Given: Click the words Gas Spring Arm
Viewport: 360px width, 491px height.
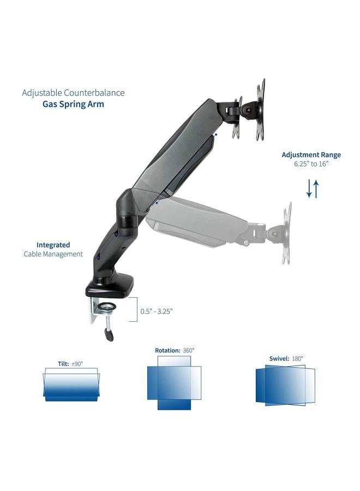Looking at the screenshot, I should (73, 104).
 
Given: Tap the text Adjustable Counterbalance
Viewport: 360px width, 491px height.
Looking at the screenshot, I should (73, 93).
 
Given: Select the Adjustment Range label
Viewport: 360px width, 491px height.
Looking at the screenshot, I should (311, 154).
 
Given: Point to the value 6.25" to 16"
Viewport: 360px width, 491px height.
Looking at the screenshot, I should (311, 164).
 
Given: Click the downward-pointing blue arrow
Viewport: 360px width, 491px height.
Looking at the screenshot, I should (308, 188).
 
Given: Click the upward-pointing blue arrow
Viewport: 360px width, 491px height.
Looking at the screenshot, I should (315, 188).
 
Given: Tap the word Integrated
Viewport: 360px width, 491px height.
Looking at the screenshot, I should (53, 245).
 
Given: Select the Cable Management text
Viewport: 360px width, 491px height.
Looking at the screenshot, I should (53, 254).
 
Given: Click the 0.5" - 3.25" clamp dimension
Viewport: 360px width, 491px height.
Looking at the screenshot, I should (156, 311).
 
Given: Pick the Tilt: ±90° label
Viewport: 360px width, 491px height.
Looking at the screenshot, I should (70, 363).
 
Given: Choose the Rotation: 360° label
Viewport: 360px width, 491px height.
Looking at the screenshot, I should (174, 350).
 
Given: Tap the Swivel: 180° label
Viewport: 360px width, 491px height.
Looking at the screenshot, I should (286, 358).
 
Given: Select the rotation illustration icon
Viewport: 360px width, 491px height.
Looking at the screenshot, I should (174, 383).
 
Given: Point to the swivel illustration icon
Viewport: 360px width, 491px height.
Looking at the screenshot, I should (285, 385).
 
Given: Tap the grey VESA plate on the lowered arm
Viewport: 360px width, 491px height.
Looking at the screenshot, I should (286, 233).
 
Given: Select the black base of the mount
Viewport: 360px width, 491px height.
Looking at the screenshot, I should (109, 286).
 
